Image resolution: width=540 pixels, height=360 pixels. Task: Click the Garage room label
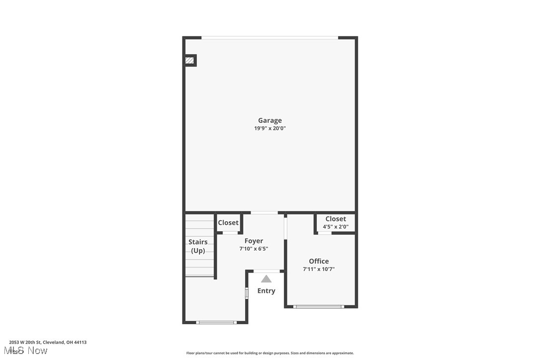[270, 120]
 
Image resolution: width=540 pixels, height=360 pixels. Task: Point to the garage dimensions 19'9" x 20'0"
[270, 128]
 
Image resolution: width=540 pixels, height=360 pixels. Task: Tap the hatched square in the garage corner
[189, 61]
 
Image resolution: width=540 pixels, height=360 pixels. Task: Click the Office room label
[319, 261]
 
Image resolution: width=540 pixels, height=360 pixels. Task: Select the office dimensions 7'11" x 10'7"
[319, 269]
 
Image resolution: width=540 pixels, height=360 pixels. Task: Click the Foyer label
[254, 241]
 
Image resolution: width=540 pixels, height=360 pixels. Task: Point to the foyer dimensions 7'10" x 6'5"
[254, 249]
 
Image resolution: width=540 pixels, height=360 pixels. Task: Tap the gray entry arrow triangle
[267, 279]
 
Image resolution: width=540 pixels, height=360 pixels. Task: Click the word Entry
[266, 291]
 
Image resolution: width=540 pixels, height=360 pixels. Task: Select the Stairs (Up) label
[198, 246]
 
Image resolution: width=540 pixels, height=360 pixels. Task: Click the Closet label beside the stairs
[228, 223]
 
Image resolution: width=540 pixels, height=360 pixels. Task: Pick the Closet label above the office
[336, 219]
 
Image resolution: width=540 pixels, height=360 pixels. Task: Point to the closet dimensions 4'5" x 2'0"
[336, 227]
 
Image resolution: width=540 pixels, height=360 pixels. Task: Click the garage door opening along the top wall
[270, 38]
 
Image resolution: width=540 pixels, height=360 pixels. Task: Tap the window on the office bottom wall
[319, 306]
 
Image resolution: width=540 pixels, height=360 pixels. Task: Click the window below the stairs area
[216, 322]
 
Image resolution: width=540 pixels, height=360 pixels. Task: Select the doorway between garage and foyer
[264, 213]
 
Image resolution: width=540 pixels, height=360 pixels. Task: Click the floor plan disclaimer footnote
[270, 353]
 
